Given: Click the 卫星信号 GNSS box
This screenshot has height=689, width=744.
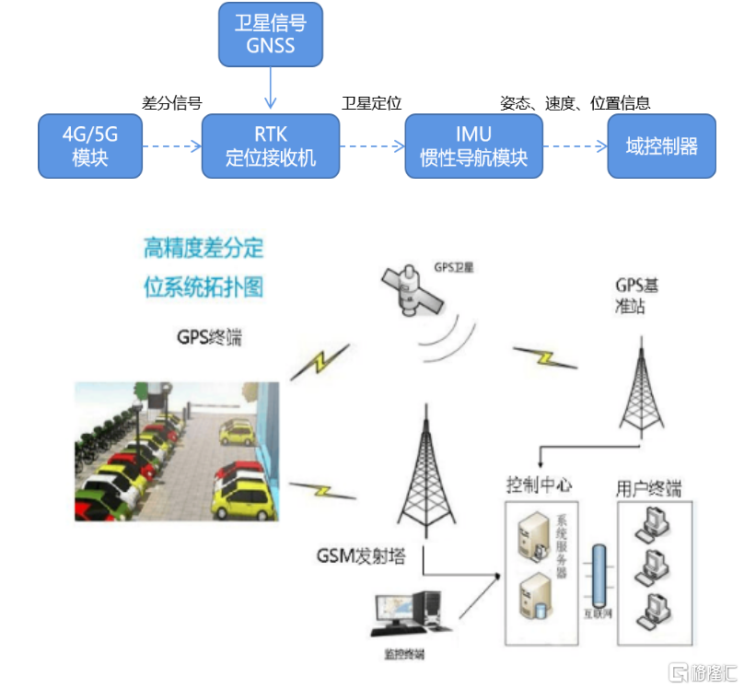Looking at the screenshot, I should pyautogui.click(x=271, y=34).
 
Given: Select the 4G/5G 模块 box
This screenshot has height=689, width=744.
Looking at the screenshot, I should pyautogui.click(x=90, y=146).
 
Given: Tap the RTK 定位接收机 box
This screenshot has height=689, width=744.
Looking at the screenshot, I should pyautogui.click(x=271, y=146).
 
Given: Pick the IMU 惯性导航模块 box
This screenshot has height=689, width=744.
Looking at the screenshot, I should pyautogui.click(x=473, y=146).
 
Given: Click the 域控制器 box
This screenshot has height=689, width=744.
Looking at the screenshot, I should pyautogui.click(x=661, y=146).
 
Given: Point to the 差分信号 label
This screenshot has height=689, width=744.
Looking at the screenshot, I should pyautogui.click(x=171, y=103).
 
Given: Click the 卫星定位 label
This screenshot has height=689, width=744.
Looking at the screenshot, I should pyautogui.click(x=371, y=103).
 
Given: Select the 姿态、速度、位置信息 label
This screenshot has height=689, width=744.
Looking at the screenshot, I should pyautogui.click(x=575, y=103).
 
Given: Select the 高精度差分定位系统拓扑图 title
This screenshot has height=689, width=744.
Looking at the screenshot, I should pyautogui.click(x=203, y=267).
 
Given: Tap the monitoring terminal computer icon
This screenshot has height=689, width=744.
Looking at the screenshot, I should pyautogui.click(x=404, y=615).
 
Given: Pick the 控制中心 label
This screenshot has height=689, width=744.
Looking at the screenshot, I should pyautogui.click(x=540, y=486).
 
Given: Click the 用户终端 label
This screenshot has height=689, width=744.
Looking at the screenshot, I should pyautogui.click(x=649, y=488).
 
